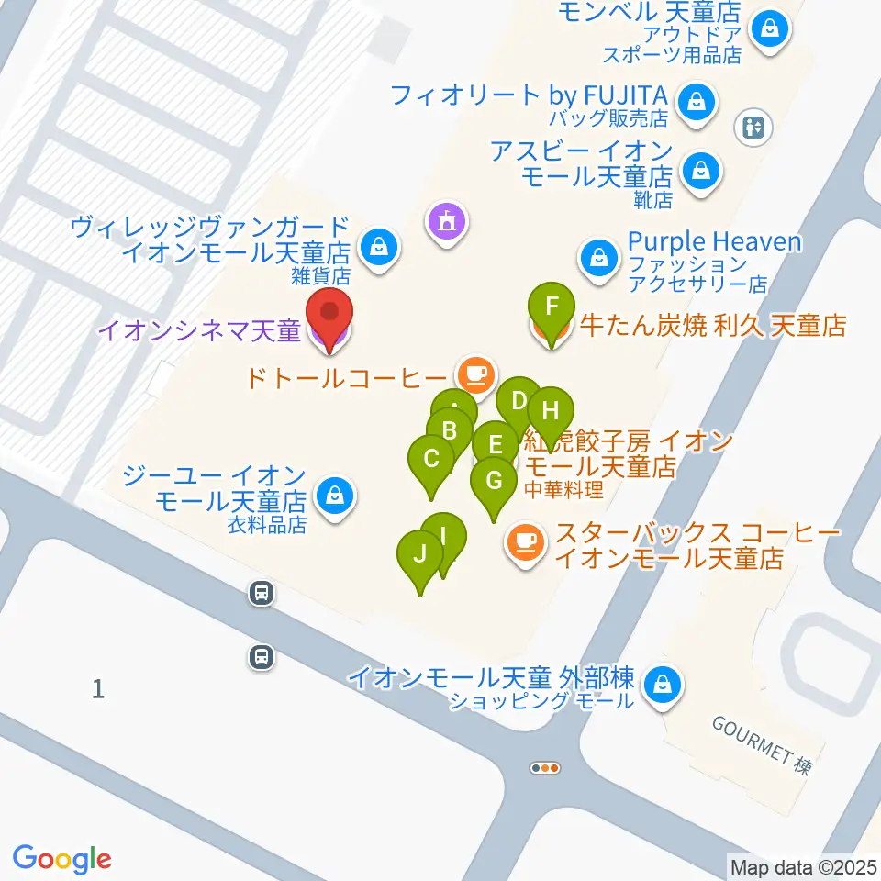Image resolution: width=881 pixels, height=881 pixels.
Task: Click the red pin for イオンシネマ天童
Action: [329, 317]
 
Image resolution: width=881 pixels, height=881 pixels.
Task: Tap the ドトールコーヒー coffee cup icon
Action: [475, 374]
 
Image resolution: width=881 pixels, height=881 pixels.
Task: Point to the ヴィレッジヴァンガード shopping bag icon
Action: [378, 245]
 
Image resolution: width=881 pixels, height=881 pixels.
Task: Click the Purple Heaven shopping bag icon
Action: [599, 258]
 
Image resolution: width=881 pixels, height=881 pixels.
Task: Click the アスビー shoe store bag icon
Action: [701, 170]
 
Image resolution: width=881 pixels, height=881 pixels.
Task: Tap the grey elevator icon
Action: [755, 128]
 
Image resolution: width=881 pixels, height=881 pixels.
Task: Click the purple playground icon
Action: [447, 220]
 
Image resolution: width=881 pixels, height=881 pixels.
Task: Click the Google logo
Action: [62, 858]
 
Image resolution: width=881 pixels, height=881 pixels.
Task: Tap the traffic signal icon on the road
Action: [545, 767]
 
